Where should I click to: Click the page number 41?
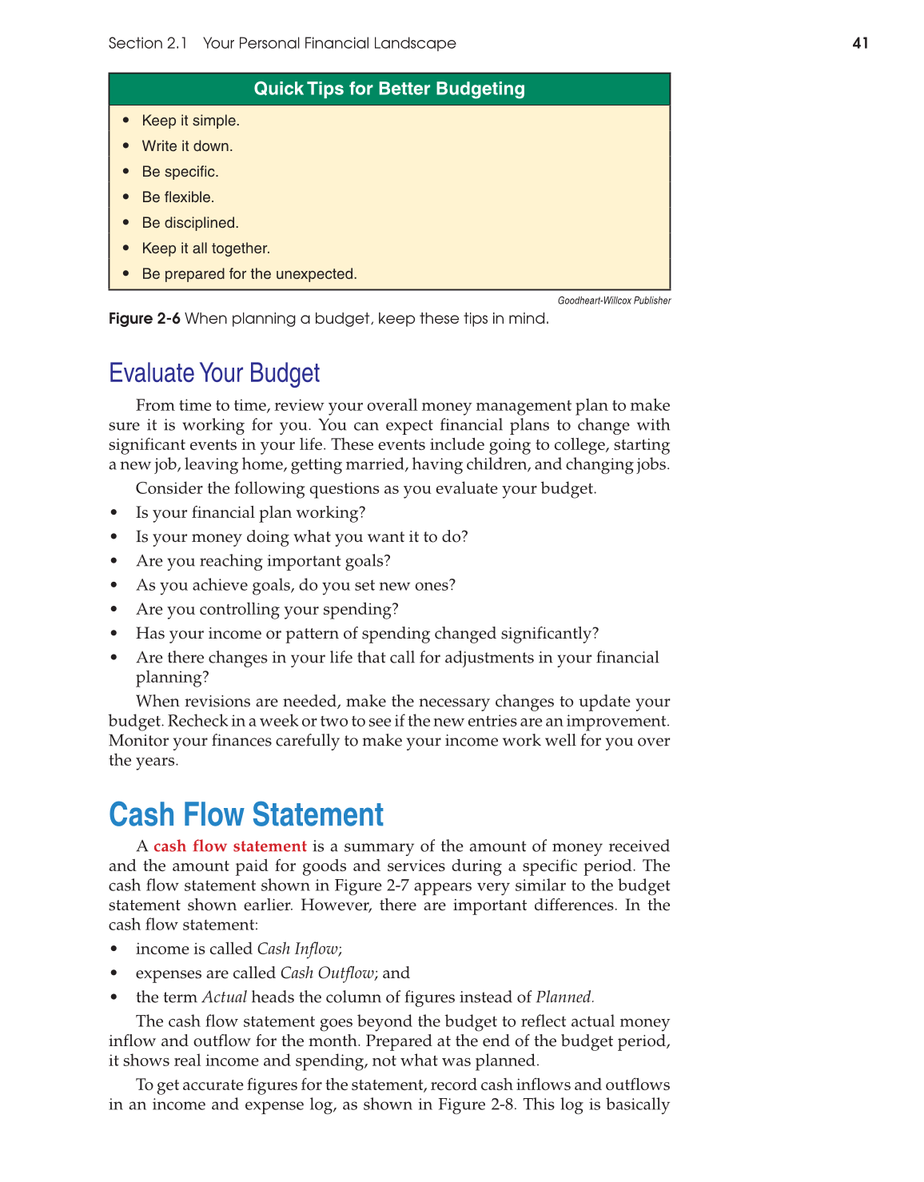point(860,43)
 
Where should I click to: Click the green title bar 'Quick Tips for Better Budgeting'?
point(389,89)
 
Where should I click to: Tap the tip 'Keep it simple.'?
point(190,121)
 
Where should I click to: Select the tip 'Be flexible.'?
point(177,197)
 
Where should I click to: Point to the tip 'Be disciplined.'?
point(190,223)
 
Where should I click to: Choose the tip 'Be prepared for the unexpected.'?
point(249,274)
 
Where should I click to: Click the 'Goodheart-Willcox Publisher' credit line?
point(614,300)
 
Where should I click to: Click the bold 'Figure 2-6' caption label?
point(145,319)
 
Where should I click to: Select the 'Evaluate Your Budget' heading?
point(214,373)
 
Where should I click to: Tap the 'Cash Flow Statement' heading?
point(246,815)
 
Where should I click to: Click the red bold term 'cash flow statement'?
point(230,846)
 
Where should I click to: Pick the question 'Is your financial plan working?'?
point(250,512)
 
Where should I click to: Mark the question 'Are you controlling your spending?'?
point(267,609)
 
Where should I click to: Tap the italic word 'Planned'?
point(564,997)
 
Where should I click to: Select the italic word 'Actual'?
point(225,997)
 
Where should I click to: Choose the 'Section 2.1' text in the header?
point(148,43)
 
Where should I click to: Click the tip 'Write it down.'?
point(187,146)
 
